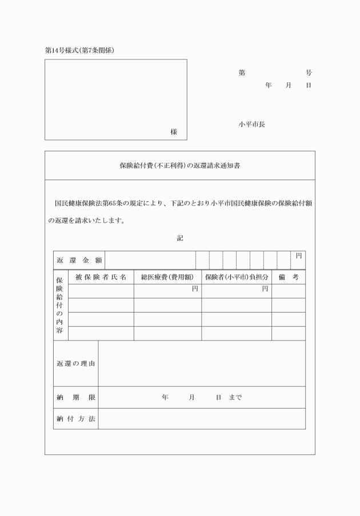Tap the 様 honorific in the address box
(x=174, y=132)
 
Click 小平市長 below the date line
(x=252, y=124)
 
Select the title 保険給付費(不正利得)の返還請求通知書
(x=179, y=166)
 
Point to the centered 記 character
(x=179, y=238)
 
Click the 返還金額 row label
(x=79, y=261)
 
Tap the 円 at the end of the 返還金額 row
(x=298, y=256)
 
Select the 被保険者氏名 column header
(x=101, y=277)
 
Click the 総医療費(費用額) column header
(x=167, y=277)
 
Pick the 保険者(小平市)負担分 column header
(x=236, y=277)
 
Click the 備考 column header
(x=288, y=277)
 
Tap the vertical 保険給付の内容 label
(x=59, y=306)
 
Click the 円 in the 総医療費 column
(x=195, y=289)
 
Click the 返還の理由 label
(x=76, y=364)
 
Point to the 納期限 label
(x=76, y=397)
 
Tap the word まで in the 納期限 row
(x=235, y=397)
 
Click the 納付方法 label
(x=76, y=419)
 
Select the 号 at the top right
(x=309, y=73)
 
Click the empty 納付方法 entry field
(x=202, y=419)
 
